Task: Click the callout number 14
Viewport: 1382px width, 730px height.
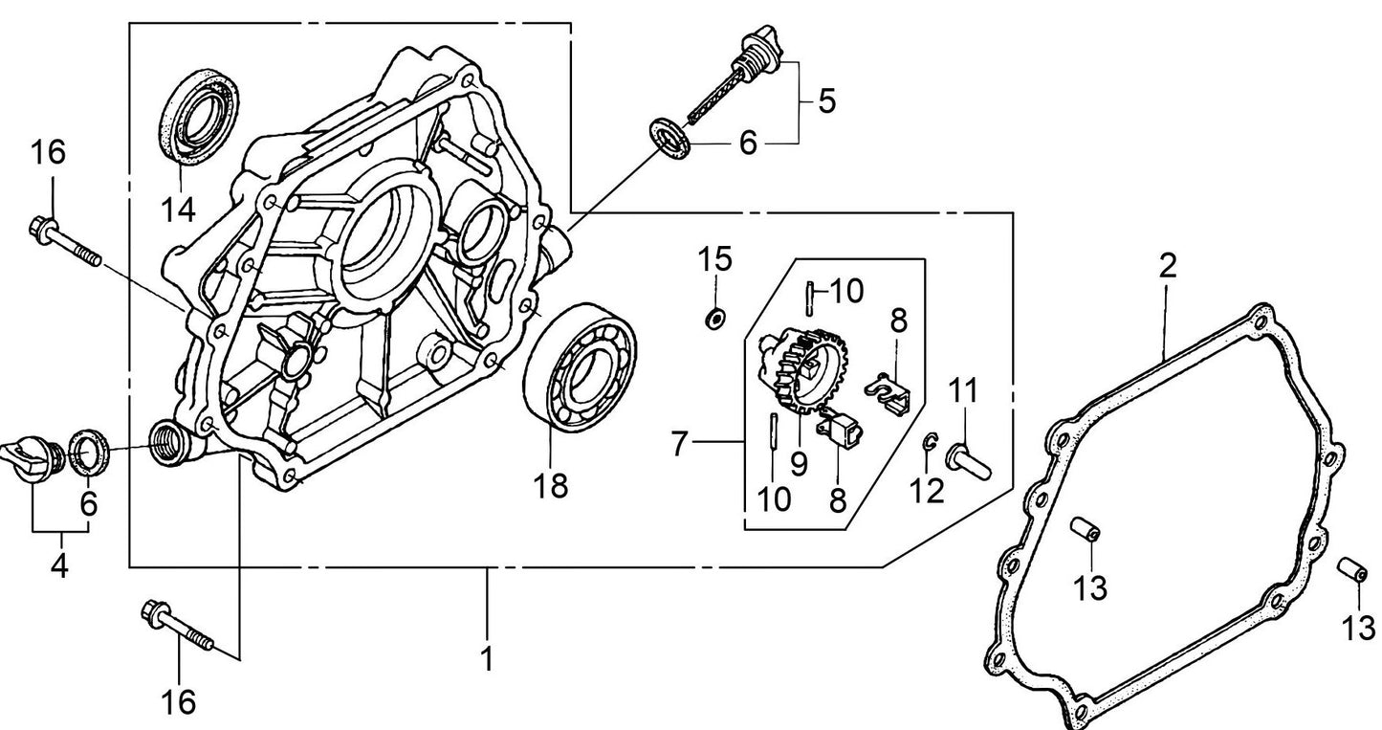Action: pos(179,207)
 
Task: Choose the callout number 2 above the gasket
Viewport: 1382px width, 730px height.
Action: pos(1167,267)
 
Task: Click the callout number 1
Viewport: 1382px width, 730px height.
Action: pos(487,659)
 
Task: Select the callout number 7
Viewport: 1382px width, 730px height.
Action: pos(680,444)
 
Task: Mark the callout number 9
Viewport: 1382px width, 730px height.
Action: pos(799,464)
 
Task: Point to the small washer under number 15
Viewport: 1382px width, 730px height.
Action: pos(713,318)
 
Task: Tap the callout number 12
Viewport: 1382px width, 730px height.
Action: pos(928,491)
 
